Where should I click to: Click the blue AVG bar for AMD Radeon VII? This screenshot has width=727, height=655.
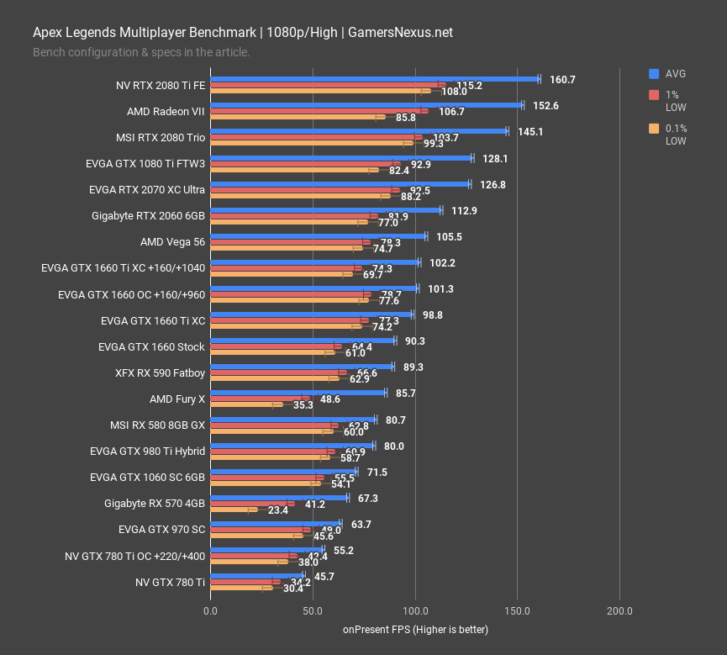(366, 105)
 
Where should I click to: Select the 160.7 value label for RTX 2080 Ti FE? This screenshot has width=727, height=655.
(562, 80)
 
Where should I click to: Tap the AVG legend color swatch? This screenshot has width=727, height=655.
(654, 74)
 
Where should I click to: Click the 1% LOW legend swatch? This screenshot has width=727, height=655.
(654, 95)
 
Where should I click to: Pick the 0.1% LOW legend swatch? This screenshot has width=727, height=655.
(654, 129)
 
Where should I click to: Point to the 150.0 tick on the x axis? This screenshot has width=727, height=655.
(517, 610)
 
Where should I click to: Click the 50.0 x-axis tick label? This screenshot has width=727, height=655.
(312, 610)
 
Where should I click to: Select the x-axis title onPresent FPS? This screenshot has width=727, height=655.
(415, 630)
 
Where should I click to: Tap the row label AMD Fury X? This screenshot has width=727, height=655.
(177, 399)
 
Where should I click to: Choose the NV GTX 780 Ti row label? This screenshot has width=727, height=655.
(170, 582)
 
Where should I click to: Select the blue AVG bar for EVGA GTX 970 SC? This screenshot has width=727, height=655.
(275, 523)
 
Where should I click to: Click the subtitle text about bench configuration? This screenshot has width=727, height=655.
(141, 52)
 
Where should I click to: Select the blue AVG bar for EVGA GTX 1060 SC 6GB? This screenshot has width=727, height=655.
(283, 471)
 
